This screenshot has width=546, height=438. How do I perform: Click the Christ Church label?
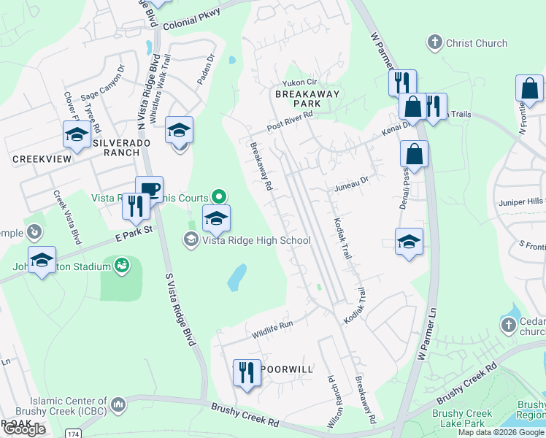click(x=476, y=43)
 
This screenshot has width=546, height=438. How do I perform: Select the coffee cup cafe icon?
click(x=149, y=189)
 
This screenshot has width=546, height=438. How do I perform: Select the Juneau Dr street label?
click(x=353, y=178)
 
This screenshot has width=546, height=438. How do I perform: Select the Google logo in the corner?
click(x=23, y=429)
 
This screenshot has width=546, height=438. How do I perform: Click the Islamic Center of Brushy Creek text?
click(x=69, y=406)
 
